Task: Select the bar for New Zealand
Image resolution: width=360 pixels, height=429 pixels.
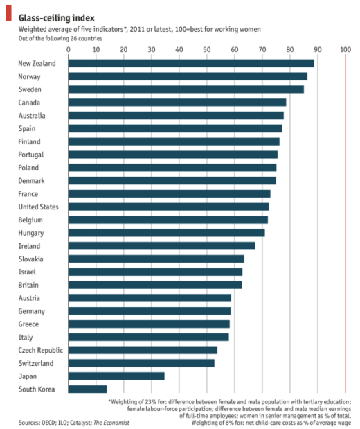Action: click(190, 63)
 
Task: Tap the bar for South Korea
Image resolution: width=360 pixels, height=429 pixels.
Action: click(87, 389)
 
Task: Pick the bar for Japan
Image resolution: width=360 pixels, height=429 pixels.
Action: click(116, 376)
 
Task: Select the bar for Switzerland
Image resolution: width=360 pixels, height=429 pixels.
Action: click(141, 363)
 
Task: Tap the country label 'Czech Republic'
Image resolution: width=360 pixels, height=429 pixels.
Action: click(40, 350)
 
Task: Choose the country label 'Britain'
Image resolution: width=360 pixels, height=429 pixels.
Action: click(28, 285)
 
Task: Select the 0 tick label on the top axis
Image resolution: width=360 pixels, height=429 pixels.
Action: click(68, 49)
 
